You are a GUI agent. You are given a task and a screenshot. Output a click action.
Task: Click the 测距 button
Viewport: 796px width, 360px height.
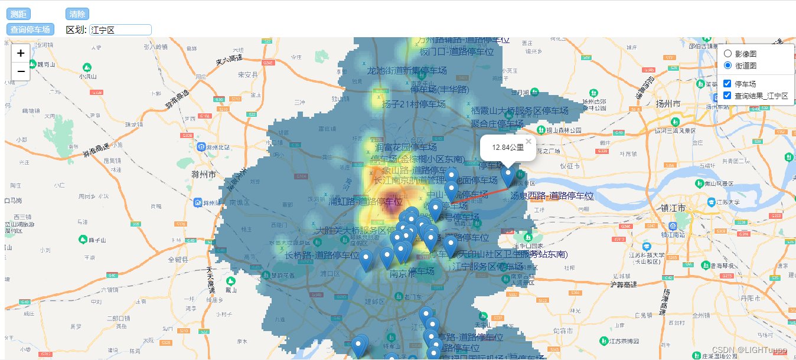pos(18,14)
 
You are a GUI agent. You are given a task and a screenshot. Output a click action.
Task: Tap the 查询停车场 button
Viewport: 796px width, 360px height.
pos(30,30)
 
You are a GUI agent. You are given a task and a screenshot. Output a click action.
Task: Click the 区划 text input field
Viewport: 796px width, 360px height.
pos(120,30)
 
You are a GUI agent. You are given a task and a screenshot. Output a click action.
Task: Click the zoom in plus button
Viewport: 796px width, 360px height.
pos(21,53)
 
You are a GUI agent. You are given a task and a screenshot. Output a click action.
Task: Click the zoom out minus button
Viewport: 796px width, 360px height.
pos(21,71)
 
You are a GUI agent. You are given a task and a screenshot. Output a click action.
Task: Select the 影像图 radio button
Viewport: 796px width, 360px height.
pos(728,54)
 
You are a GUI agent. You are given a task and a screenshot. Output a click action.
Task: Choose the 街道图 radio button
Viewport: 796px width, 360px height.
pos(728,65)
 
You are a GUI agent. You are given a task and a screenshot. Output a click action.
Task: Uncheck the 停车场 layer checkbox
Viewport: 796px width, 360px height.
pos(728,84)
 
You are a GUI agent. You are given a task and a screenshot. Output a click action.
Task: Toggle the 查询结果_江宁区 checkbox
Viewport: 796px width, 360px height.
pos(728,96)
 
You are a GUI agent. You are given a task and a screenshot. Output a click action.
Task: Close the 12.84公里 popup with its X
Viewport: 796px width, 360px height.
pos(529,142)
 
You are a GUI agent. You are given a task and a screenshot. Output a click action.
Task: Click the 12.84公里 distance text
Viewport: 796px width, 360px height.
pos(508,147)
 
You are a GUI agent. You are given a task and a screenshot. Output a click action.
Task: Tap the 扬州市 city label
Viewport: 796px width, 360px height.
pos(667,104)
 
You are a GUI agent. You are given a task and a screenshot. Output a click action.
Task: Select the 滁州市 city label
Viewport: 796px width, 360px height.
pos(204,175)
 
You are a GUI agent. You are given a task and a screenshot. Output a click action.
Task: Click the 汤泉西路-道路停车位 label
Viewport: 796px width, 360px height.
pos(552,195)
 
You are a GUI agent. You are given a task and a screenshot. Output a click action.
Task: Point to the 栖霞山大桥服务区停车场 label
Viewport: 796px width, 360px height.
pos(520,111)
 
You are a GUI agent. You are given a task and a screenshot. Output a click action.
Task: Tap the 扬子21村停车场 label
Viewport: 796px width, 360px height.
pos(413,104)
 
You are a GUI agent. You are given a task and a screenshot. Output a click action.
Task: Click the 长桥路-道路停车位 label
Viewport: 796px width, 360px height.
pos(322,256)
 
